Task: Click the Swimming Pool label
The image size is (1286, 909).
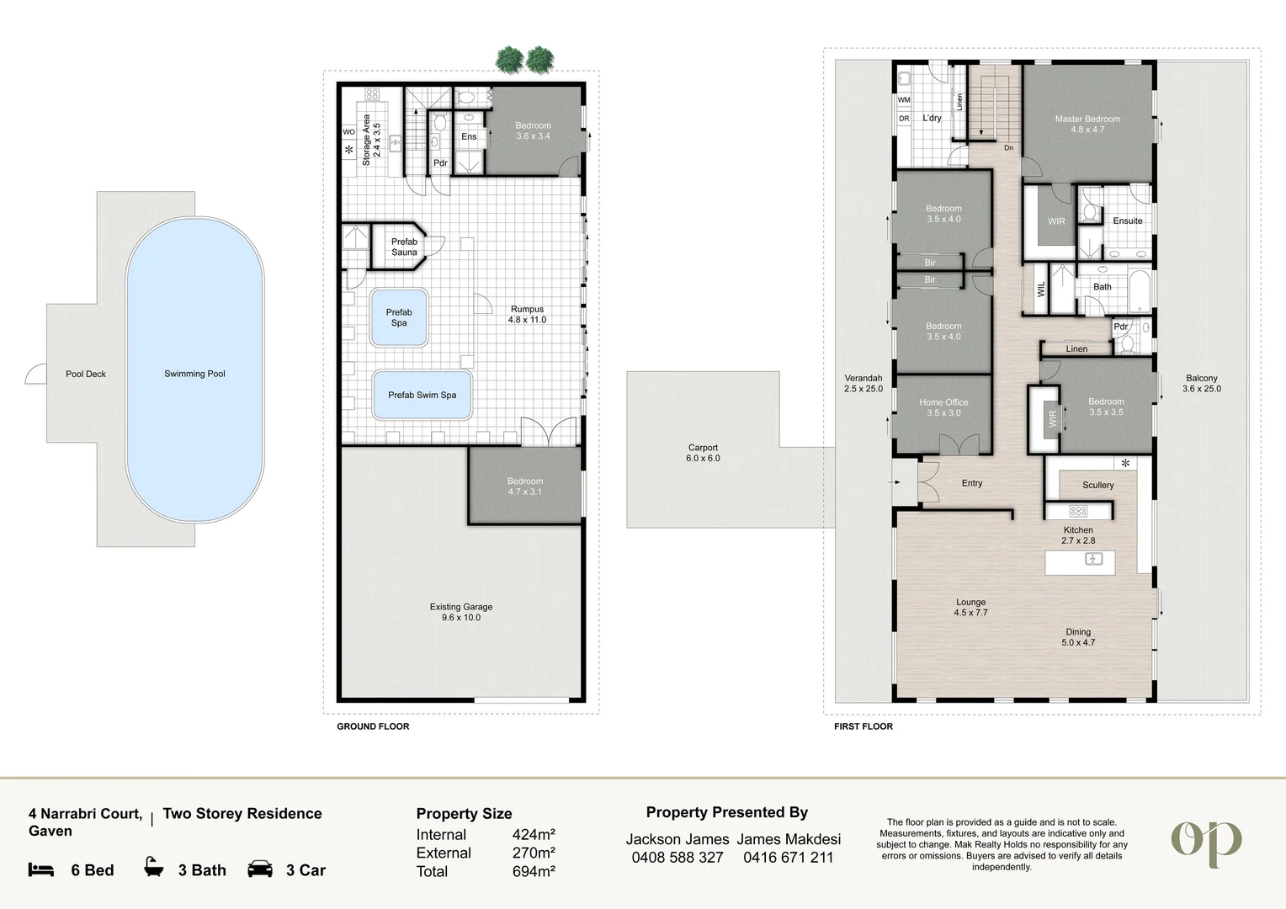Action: (194, 374)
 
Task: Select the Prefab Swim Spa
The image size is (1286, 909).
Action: (422, 395)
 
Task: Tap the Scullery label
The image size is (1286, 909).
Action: (1097, 486)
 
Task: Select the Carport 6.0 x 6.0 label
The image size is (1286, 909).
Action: (703, 453)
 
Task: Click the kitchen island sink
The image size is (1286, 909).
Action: (1093, 559)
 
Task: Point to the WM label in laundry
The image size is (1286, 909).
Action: (904, 100)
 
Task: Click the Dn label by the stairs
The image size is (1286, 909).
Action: (1009, 148)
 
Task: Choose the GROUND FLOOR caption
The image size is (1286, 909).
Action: (373, 726)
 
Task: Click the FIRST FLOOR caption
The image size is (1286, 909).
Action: (864, 726)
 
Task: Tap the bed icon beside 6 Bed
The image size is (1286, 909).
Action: (41, 870)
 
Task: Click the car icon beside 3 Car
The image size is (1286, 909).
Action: (260, 869)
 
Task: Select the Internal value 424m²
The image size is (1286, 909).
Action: (534, 834)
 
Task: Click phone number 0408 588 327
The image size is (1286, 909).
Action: (678, 858)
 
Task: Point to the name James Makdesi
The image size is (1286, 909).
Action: (789, 839)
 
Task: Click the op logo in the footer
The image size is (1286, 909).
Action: (1206, 843)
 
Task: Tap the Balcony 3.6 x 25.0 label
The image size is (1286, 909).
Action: (1202, 384)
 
